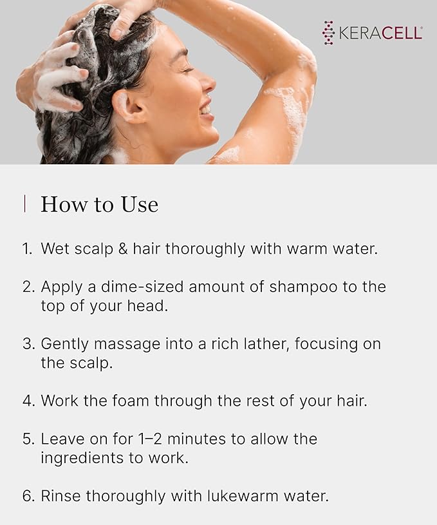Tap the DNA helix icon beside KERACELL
click(x=329, y=33)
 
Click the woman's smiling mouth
click(x=205, y=110)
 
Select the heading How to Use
click(x=99, y=205)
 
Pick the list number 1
click(x=26, y=249)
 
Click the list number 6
click(x=27, y=497)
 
